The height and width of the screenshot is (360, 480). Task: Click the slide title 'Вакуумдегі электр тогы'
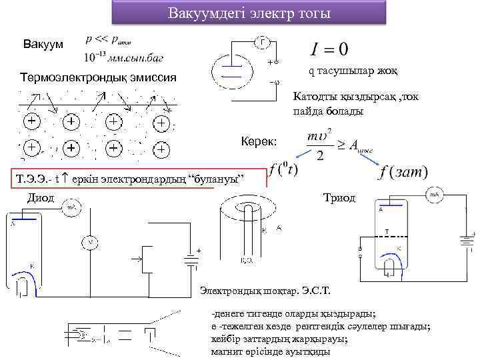tap(249, 13)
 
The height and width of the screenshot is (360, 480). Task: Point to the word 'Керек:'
tap(263, 141)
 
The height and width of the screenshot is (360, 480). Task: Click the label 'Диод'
tap(39, 197)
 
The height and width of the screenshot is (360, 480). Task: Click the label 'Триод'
tap(339, 197)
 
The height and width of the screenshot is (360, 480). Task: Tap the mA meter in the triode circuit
tap(434, 195)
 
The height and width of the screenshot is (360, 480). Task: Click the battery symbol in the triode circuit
tap(465, 241)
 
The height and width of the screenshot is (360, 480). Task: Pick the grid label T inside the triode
tap(386, 232)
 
